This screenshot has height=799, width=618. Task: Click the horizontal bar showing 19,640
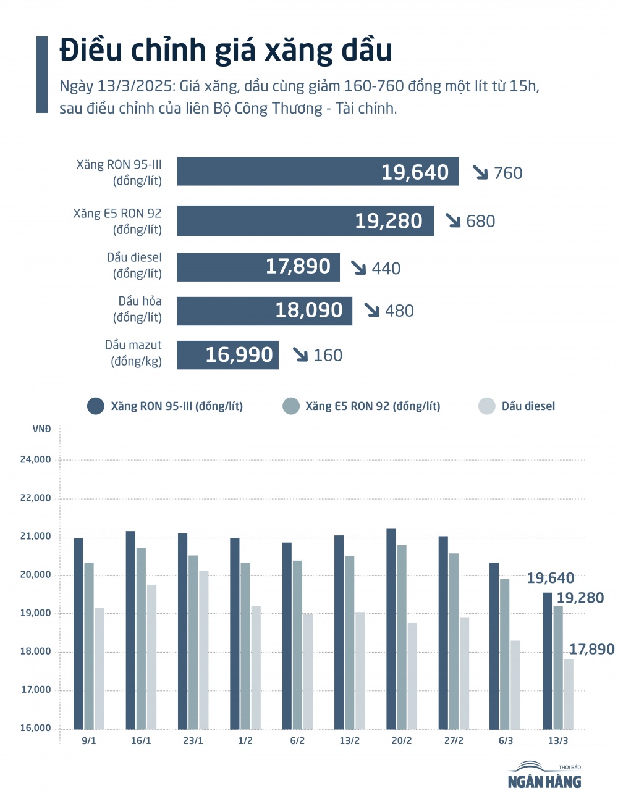(x=318, y=172)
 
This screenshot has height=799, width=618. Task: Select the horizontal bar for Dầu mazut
(x=227, y=355)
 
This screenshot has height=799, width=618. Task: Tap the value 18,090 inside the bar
(x=308, y=310)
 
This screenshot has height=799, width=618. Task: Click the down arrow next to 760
(x=480, y=172)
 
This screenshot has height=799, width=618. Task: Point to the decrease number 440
(x=386, y=269)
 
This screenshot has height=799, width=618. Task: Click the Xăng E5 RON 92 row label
(x=117, y=221)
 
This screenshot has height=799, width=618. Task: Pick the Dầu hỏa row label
(x=140, y=309)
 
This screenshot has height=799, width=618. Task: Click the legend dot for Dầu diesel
(x=487, y=406)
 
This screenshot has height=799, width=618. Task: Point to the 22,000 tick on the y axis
(x=36, y=498)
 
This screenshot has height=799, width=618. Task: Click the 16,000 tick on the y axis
(x=36, y=728)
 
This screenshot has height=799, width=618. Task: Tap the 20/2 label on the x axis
(x=402, y=741)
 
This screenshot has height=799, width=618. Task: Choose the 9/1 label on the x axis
(x=89, y=741)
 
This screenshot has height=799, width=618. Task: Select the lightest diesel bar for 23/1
(x=204, y=650)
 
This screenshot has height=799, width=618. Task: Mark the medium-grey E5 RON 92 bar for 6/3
(x=505, y=654)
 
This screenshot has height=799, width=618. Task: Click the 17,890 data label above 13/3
(x=591, y=650)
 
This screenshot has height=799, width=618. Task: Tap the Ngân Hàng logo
(x=544, y=776)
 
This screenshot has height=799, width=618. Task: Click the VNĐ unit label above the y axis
(x=41, y=429)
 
